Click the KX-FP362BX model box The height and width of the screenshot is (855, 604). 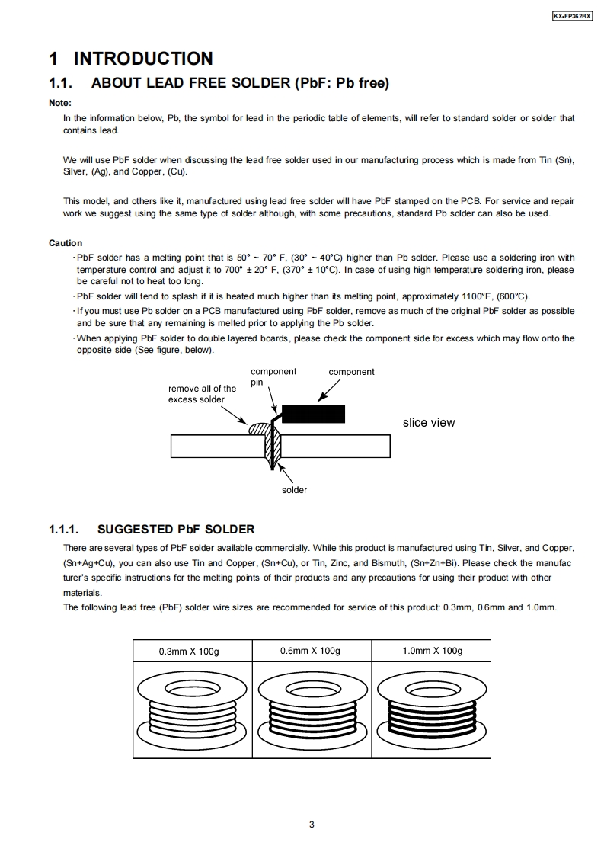point(572,16)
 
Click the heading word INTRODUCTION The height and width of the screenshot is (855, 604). point(143,59)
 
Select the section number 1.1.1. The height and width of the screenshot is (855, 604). point(69,529)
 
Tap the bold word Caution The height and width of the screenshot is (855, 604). point(66,243)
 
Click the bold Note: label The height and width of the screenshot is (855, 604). point(60,103)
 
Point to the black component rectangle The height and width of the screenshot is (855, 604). point(313,414)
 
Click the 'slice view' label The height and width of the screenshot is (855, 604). point(429,423)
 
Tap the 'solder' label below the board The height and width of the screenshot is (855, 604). point(294,490)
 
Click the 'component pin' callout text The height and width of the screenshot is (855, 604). point(273,377)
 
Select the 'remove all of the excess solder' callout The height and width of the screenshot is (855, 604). point(202,394)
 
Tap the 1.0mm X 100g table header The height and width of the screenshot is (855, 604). point(432,651)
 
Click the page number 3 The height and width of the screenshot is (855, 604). point(312,825)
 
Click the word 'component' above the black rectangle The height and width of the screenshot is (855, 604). point(351,372)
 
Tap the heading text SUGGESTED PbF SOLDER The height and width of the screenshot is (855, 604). point(176,529)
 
